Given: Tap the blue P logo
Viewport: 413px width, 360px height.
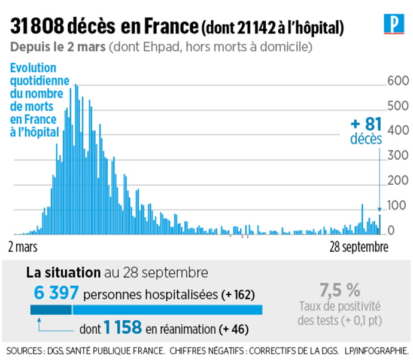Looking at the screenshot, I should click(x=393, y=25).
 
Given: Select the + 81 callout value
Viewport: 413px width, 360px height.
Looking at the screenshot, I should click(x=366, y=124).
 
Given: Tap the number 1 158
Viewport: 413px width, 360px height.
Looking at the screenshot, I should click(x=122, y=328).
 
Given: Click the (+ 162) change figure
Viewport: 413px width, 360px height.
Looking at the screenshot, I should click(x=238, y=295).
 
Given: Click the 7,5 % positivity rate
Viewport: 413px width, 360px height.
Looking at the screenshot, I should click(x=339, y=290).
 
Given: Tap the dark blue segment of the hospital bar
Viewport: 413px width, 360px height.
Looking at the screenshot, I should click(x=51, y=309).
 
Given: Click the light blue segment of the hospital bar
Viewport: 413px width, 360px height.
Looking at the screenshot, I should click(x=168, y=309).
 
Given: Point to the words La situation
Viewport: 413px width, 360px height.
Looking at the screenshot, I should click(x=63, y=273).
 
